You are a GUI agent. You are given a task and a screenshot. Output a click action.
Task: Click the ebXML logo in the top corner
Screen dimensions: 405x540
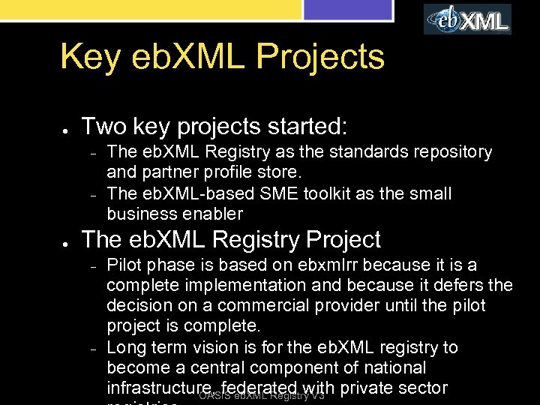click(467, 19)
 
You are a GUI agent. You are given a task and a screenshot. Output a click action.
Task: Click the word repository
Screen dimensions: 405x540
click(449, 153)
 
